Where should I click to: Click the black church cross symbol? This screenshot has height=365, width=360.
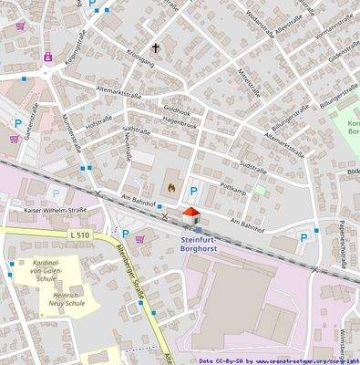(x=155, y=47)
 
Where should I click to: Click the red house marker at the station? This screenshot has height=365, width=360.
(x=190, y=215)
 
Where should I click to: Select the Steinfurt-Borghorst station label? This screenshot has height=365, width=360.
(x=195, y=242)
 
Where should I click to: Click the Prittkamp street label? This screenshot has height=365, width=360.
(x=233, y=184)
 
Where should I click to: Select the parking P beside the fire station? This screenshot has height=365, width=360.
(x=193, y=191)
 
